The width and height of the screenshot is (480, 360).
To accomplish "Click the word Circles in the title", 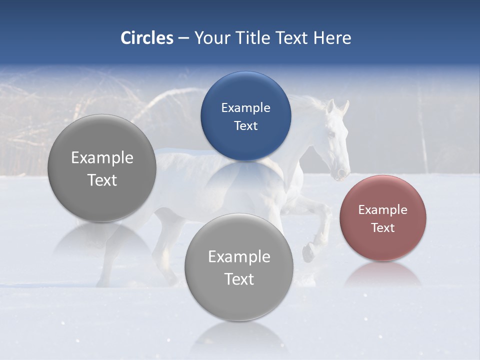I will pyautogui.click(x=146, y=38).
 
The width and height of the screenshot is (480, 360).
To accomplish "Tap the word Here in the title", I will pyautogui.click(x=332, y=38).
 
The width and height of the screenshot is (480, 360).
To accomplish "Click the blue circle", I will pyautogui.click(x=245, y=116).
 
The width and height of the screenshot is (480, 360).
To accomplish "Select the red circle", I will pyautogui.click(x=382, y=218).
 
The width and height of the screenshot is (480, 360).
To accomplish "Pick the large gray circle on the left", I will pyautogui.click(x=102, y=168).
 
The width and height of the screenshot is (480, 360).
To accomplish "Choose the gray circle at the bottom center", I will pyautogui.click(x=238, y=267).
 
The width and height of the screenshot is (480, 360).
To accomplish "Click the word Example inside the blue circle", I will pyautogui.click(x=245, y=107).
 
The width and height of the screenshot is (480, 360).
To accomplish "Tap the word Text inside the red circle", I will pyautogui.click(x=382, y=227).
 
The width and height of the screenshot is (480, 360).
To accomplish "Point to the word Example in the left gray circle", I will pyautogui.click(x=102, y=158).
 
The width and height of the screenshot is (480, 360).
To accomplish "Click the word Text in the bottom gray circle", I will pyautogui.click(x=239, y=279).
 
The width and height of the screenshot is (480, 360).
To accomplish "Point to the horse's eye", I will pyautogui.click(x=330, y=134).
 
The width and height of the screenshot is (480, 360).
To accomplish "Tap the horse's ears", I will pyautogui.click(x=337, y=106).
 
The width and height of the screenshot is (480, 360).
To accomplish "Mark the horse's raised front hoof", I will pyautogui.click(x=308, y=253).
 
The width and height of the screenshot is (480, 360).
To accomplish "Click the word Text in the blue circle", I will pyautogui.click(x=245, y=125).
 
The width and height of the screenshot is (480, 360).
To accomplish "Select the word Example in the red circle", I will pyautogui.click(x=382, y=210).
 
